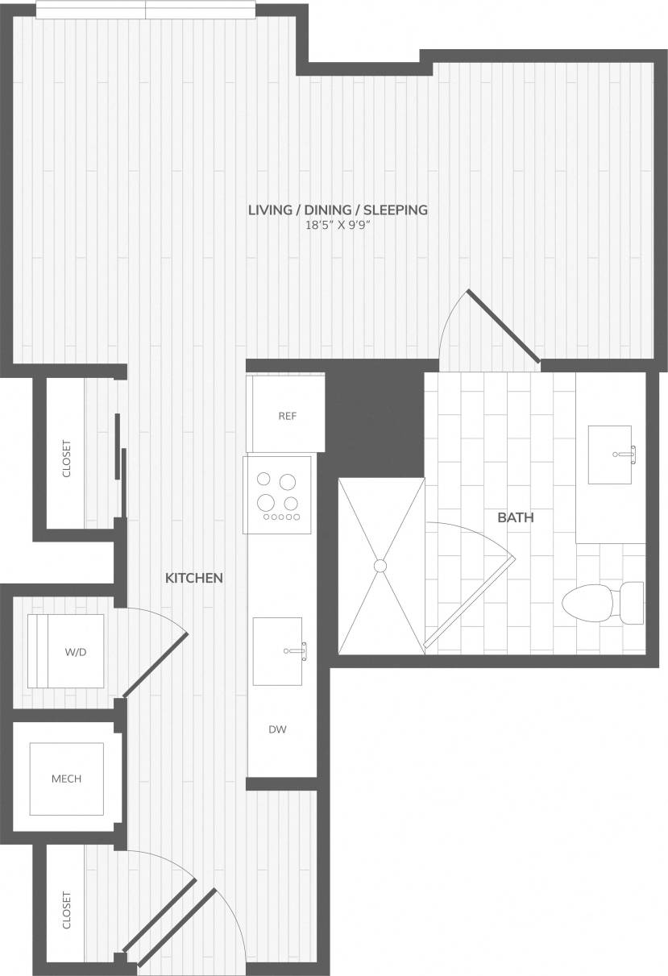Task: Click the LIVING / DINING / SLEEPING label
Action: point(337,210)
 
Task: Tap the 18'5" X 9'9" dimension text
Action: point(337,226)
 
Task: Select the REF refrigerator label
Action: point(288,417)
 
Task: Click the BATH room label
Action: point(515,518)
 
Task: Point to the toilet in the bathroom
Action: point(600,602)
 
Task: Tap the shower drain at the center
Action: point(380,566)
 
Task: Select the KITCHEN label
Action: point(193,578)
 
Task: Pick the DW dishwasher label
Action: point(278,730)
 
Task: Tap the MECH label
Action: point(66,779)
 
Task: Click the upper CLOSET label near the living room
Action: point(66,459)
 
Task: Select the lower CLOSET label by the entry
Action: point(66,910)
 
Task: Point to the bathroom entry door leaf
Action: point(504,326)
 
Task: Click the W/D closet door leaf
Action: point(155,664)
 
